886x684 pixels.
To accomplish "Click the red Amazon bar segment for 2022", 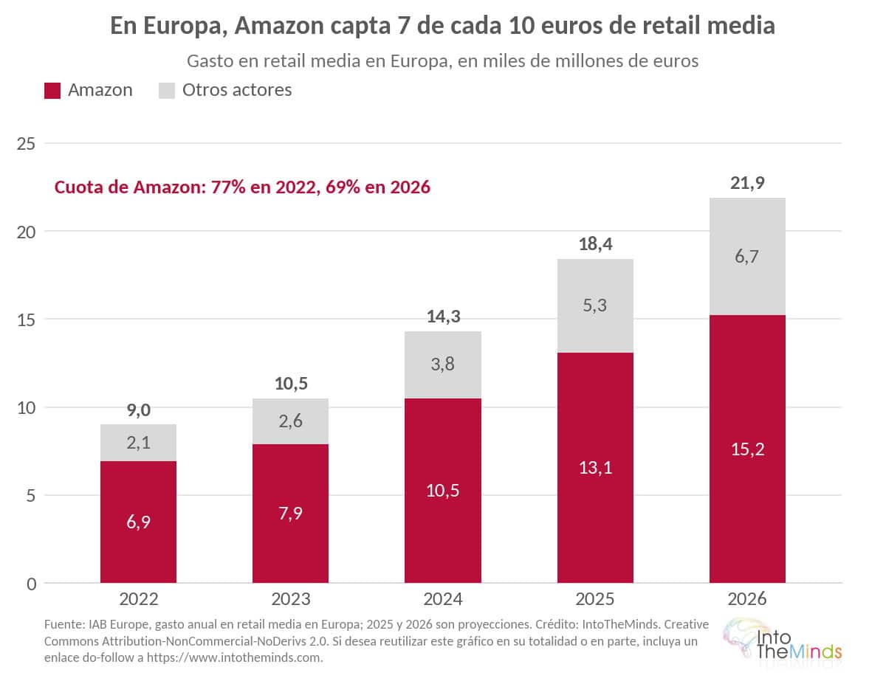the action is [x=138, y=522].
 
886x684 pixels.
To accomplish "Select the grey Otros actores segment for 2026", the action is [x=747, y=256].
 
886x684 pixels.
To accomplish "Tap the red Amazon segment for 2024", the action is [x=443, y=491].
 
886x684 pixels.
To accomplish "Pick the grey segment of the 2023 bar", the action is [x=290, y=421].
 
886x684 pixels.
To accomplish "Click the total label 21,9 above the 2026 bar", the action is [x=747, y=183].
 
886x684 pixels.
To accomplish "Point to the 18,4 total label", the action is [x=595, y=244].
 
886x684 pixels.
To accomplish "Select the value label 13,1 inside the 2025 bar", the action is [x=595, y=467].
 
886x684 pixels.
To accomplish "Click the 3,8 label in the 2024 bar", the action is [x=443, y=364].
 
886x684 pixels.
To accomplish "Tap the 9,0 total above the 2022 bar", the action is [x=139, y=410].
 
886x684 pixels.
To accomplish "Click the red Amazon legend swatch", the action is [x=52, y=91].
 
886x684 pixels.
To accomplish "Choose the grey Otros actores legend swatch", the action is [x=167, y=91].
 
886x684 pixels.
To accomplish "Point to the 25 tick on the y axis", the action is [x=26, y=144].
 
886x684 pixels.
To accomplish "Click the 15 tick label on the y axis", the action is [x=26, y=320].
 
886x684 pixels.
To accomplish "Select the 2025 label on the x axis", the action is [x=595, y=599].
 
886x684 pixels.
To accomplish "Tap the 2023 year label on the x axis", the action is [x=291, y=599].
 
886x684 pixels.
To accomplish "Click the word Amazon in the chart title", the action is [x=279, y=25].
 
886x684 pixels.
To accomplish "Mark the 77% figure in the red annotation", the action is [x=228, y=187].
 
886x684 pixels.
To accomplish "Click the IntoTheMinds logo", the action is [x=782, y=640].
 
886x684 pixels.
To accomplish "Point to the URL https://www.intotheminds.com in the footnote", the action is [x=233, y=658].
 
